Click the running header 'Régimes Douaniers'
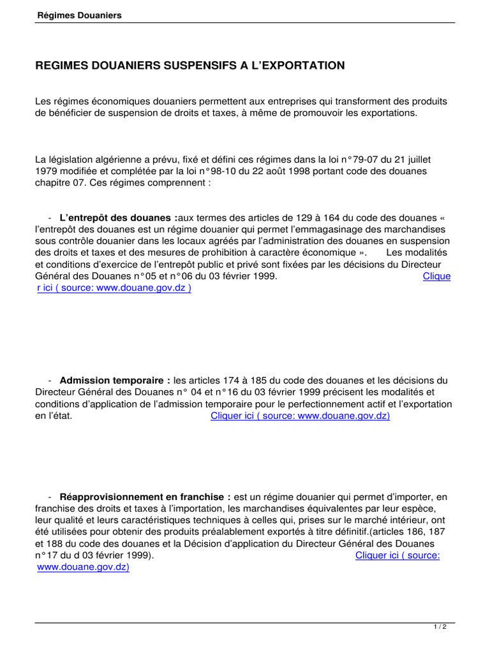pyautogui.click(x=78, y=15)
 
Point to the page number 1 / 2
pyautogui.click(x=440, y=627)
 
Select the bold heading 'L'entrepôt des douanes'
pyautogui.click(x=118, y=217)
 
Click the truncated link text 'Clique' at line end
pyautogui.click(x=436, y=276)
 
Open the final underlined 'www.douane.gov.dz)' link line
pyautogui.click(x=83, y=566)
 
